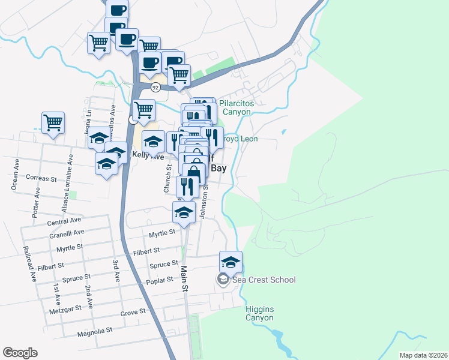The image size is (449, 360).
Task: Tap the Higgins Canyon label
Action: [259, 314]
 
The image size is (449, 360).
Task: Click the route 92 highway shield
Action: [155, 88]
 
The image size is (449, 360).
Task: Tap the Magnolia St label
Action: [95, 331]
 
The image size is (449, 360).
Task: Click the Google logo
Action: [20, 353]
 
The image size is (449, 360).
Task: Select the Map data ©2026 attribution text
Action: [423, 355]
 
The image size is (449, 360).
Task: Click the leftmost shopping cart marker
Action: [53, 122]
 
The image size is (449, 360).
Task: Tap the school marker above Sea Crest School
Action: [231, 262]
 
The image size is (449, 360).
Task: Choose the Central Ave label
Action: [63, 222]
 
